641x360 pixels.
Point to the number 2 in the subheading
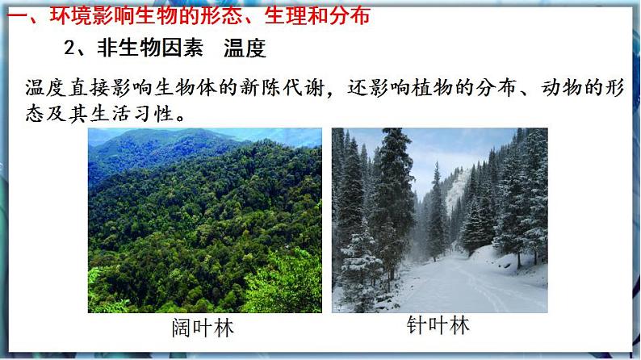pos(70,48)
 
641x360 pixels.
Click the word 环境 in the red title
pos(67,15)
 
